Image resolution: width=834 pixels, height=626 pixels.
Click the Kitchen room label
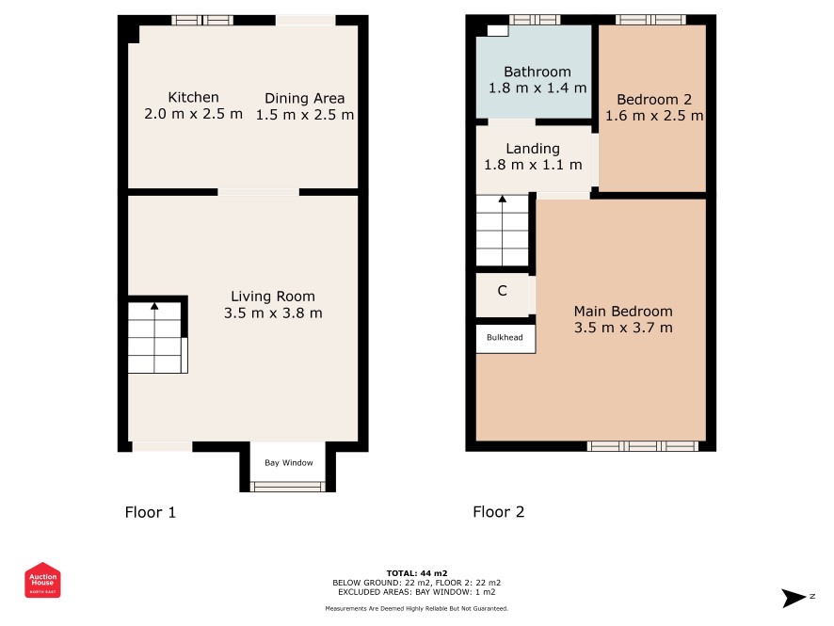coord(193,97)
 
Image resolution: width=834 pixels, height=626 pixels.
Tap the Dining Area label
coord(305,99)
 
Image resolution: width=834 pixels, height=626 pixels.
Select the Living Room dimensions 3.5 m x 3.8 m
coord(273,313)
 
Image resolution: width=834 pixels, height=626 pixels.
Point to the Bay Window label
coord(289,463)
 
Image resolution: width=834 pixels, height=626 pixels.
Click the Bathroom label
coord(537,72)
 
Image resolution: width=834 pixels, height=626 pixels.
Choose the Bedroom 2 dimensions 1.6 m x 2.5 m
coord(654,116)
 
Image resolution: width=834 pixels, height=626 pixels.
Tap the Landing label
coord(533,149)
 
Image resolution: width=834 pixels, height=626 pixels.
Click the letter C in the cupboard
coord(502,290)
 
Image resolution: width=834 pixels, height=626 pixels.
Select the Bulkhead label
coord(505,337)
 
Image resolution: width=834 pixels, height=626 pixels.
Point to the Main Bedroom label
coord(623,312)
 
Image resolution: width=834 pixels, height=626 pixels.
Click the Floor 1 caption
coord(150,512)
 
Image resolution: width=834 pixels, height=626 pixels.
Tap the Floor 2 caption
coord(498,512)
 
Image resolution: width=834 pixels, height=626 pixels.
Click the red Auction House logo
coord(42,580)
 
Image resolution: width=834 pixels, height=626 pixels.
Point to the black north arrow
coord(794,598)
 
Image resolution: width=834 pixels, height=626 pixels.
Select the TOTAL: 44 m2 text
coord(416,573)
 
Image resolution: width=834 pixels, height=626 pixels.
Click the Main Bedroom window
coord(643,445)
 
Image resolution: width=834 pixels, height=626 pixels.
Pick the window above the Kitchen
coord(202,20)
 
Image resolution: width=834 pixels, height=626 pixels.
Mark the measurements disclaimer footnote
coord(416,608)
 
